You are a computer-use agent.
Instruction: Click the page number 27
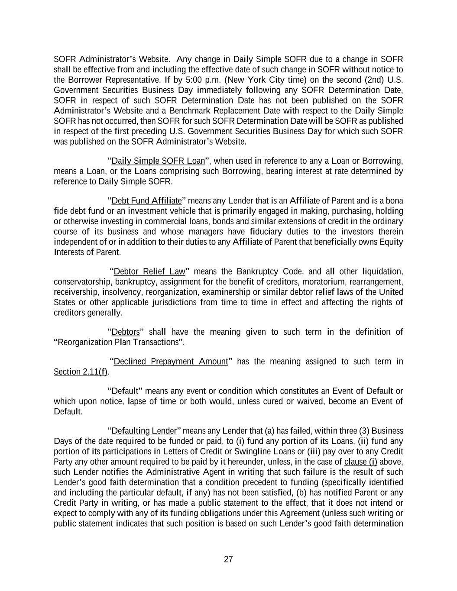(228, 559)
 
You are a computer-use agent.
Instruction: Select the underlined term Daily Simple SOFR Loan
(158, 161)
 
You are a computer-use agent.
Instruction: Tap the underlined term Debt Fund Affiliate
(146, 201)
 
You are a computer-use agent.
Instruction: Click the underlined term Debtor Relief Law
(149, 271)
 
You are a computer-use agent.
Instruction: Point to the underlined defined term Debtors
(126, 332)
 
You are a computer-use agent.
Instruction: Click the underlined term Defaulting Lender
(144, 431)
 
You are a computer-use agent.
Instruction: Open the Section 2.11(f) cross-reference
(80, 372)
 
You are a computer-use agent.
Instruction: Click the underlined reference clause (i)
(360, 462)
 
